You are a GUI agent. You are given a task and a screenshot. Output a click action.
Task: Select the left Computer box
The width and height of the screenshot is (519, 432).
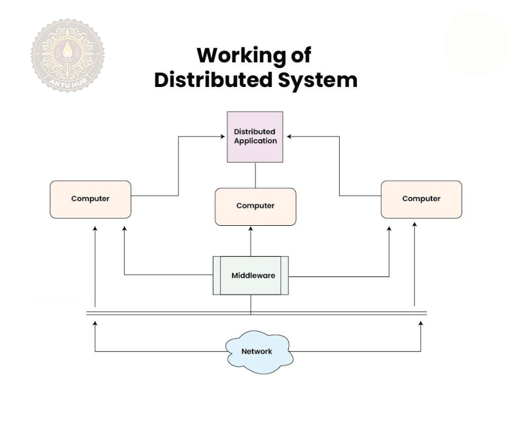[x=91, y=199]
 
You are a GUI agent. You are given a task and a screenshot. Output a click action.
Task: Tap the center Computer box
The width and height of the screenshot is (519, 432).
[x=255, y=206]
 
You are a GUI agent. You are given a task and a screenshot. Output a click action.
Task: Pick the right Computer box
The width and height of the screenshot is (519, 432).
[x=421, y=199]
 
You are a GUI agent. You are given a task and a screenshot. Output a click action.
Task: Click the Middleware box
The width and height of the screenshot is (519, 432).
[x=251, y=276]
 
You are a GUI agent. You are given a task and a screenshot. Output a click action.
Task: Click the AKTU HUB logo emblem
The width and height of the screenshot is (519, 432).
[x=68, y=55]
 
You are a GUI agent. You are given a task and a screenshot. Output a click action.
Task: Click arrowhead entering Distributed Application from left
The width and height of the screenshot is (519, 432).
[x=223, y=137]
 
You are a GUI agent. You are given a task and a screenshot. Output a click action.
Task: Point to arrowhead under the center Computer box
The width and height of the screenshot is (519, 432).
[x=251, y=229]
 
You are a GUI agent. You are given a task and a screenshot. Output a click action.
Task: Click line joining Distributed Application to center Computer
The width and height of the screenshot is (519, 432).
[x=255, y=175]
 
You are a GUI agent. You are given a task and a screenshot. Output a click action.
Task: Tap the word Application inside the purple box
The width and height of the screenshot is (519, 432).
[x=255, y=141]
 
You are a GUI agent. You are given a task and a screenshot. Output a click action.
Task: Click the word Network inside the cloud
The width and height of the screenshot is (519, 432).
[x=257, y=351]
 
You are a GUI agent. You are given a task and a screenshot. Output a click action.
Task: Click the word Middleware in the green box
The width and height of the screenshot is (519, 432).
[x=253, y=275]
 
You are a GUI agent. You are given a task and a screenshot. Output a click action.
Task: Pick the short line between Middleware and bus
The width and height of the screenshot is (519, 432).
[x=251, y=304]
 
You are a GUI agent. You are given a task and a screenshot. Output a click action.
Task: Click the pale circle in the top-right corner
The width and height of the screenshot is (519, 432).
[x=475, y=44]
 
